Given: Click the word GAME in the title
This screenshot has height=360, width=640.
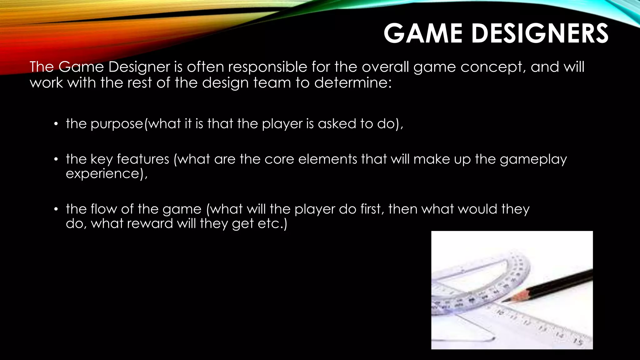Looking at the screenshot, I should point(423,33).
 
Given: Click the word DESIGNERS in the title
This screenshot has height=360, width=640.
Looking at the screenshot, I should point(540,33).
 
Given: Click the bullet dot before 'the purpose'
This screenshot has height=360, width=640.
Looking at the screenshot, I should point(56,124).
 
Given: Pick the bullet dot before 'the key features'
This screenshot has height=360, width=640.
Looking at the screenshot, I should point(56,160).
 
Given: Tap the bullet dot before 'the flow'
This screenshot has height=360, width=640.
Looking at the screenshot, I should point(56,209).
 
